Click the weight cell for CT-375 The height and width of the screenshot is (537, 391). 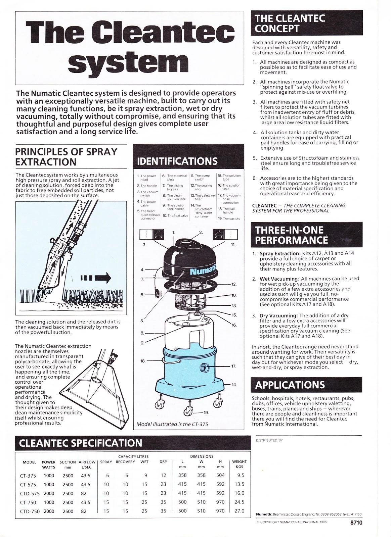tap(241, 475)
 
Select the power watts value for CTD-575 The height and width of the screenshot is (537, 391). tap(49, 493)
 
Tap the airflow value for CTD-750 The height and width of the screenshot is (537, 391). tap(83, 511)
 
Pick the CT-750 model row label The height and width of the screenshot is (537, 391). tap(28, 502)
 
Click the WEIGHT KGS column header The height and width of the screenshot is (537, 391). tap(239, 464)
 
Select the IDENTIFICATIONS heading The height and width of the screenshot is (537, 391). tap(177, 161)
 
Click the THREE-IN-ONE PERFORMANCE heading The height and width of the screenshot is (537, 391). tap(289, 235)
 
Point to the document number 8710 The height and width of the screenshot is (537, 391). tap(356, 532)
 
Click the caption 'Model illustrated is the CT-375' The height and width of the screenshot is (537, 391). tap(172, 424)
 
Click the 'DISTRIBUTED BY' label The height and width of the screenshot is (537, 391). tap(269, 440)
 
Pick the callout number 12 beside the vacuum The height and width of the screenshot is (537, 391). tap(234, 284)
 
